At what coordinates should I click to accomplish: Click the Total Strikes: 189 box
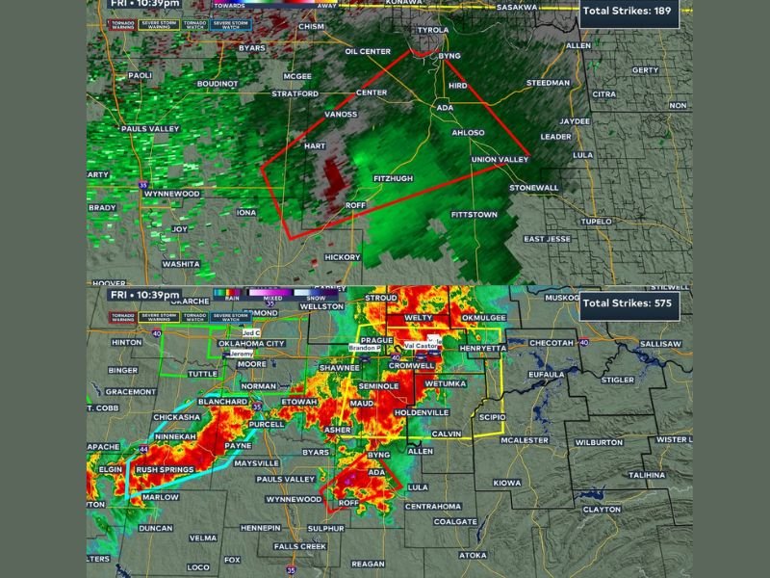coord(630,13)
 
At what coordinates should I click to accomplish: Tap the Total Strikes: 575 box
coord(630,306)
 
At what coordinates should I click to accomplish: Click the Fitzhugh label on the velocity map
coord(393,179)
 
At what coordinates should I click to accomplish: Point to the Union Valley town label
coord(500,159)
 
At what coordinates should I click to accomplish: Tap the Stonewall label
coord(534,187)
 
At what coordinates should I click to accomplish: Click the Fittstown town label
coord(474,214)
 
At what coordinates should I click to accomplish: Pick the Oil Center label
coord(368,51)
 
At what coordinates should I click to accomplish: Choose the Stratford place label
coord(295,93)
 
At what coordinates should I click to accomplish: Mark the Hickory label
coord(343,257)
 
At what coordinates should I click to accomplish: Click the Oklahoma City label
coord(252,342)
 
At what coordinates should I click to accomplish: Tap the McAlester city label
coord(525,440)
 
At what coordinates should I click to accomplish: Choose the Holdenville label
coord(422,412)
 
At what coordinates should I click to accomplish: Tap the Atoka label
coord(473,555)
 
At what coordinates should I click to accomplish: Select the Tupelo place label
coord(597,222)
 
